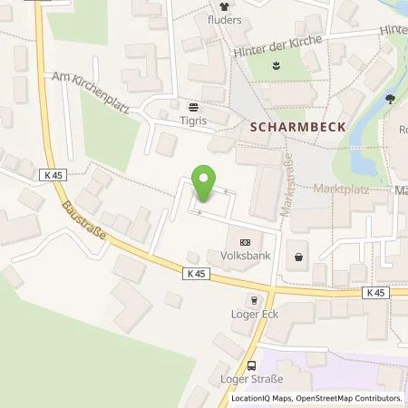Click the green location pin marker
(x=206, y=182)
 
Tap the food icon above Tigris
(x=192, y=105)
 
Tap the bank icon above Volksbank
(x=245, y=242)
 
